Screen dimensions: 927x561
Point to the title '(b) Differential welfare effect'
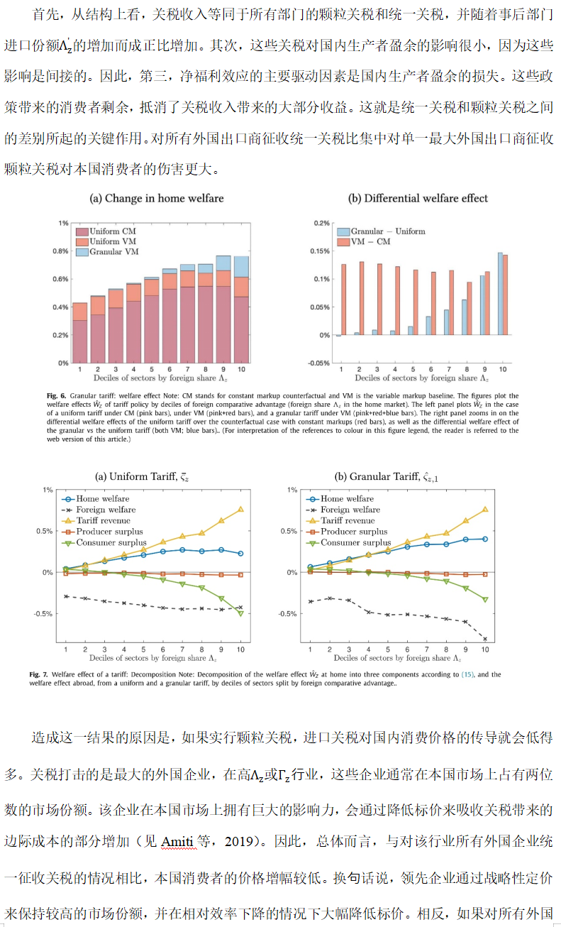[x=418, y=199]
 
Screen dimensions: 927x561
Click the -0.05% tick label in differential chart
[x=321, y=363]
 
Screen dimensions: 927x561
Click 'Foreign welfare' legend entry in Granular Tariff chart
[x=348, y=510]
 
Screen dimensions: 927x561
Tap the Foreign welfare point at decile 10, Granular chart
[x=484, y=639]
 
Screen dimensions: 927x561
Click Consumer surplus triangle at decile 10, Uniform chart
[x=240, y=613]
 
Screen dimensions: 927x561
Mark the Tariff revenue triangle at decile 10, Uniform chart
[x=240, y=509]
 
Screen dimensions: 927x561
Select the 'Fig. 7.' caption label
[x=40, y=674]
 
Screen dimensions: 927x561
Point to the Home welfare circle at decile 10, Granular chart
[x=484, y=539]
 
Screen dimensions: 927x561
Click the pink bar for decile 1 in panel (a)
[x=80, y=341]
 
